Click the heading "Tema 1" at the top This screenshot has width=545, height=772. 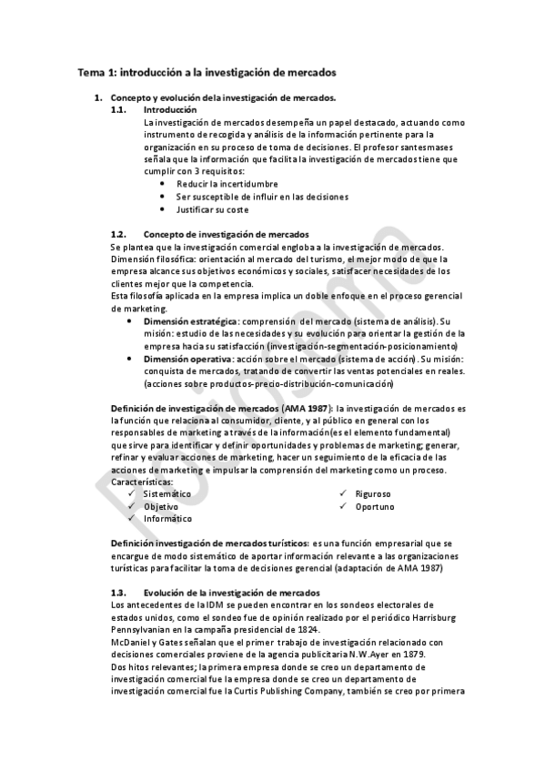pyautogui.click(x=96, y=70)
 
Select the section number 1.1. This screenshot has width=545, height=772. pyautogui.click(x=118, y=109)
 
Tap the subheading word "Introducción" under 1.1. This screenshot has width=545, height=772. pyautogui.click(x=170, y=109)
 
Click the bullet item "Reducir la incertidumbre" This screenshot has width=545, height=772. pyautogui.click(x=214, y=183)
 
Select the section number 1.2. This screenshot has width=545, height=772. pyautogui.click(x=118, y=234)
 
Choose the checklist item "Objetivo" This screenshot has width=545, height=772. pyautogui.click(x=160, y=505)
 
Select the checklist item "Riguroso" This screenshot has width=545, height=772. pyautogui.click(x=373, y=493)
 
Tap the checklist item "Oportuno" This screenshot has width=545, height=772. pyautogui.click(x=375, y=505)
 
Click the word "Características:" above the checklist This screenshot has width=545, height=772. pyautogui.click(x=141, y=481)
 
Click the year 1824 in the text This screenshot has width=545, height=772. pyautogui.click(x=306, y=629)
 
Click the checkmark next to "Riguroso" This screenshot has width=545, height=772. pyautogui.click(x=342, y=493)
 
